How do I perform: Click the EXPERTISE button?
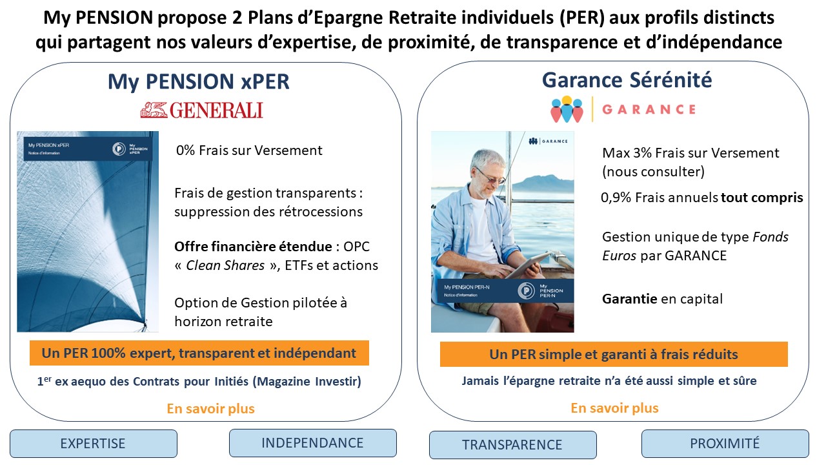coord(93,444)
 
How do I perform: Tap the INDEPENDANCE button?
coord(312,443)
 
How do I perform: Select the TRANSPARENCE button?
coord(512,445)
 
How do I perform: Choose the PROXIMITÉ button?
coord(725,444)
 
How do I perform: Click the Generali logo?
coord(201,110)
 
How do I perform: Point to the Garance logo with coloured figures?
coord(567,109)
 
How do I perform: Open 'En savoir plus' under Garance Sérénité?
coord(614,408)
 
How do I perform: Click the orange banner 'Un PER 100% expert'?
coord(199,353)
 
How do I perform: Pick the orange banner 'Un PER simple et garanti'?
coord(613,355)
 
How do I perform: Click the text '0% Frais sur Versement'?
coord(249,150)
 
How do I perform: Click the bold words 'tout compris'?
coord(762,198)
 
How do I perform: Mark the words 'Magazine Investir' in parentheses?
coord(308,382)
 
